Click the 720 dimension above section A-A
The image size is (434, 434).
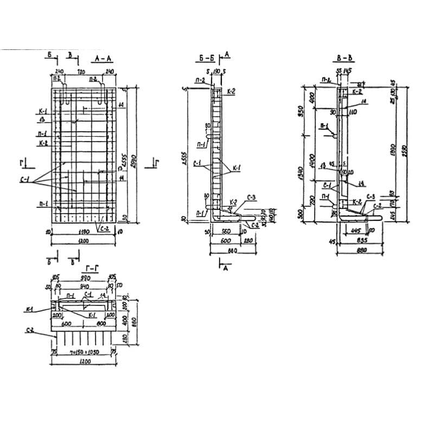coord(82,72)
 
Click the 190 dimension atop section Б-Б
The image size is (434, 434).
coord(216,71)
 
